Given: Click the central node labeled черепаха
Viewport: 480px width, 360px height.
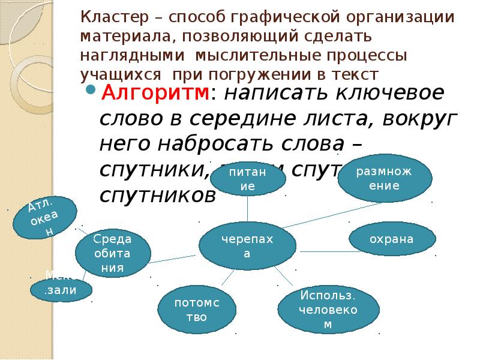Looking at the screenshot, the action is point(247,246).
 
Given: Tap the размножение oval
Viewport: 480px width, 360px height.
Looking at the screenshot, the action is point(384,178).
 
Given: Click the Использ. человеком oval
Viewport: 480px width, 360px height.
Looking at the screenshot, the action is point(328,310).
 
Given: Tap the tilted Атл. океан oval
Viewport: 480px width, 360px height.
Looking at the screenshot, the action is point(45,217).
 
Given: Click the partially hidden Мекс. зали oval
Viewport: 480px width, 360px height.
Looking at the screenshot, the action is point(61,289).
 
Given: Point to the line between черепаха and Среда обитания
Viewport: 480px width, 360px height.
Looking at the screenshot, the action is point(173,257).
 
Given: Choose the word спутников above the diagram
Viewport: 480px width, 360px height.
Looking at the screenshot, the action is point(157,196).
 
